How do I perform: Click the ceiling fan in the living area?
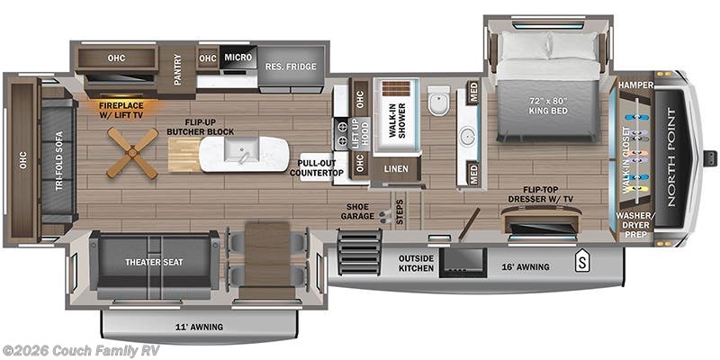click(x=132, y=152)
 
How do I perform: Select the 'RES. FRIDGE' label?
click(x=288, y=66)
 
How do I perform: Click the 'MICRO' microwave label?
click(x=238, y=58)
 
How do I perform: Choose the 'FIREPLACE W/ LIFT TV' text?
click(x=127, y=110)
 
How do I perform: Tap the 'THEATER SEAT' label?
click(x=153, y=263)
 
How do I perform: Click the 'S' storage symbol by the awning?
click(x=582, y=264)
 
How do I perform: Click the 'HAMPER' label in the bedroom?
click(x=634, y=85)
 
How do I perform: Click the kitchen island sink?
click(x=244, y=156)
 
